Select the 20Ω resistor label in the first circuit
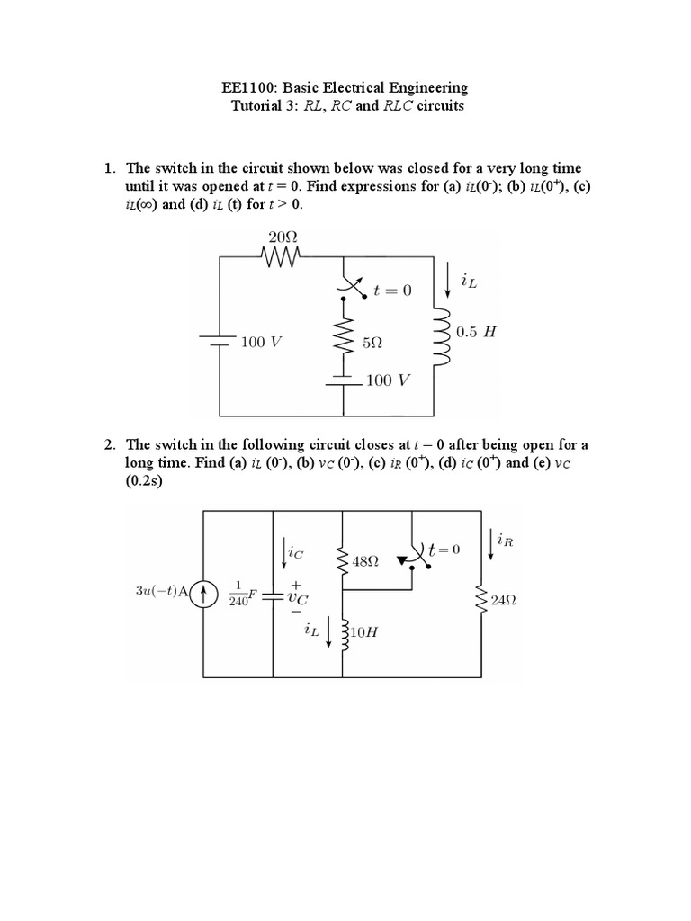tap(283, 237)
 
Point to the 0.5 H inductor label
tap(476, 331)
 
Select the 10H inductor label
tap(363, 631)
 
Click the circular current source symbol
tap(204, 593)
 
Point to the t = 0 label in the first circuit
tap(391, 291)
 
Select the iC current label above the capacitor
tap(295, 554)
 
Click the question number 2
tap(109, 444)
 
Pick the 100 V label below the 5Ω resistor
tap(388, 380)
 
